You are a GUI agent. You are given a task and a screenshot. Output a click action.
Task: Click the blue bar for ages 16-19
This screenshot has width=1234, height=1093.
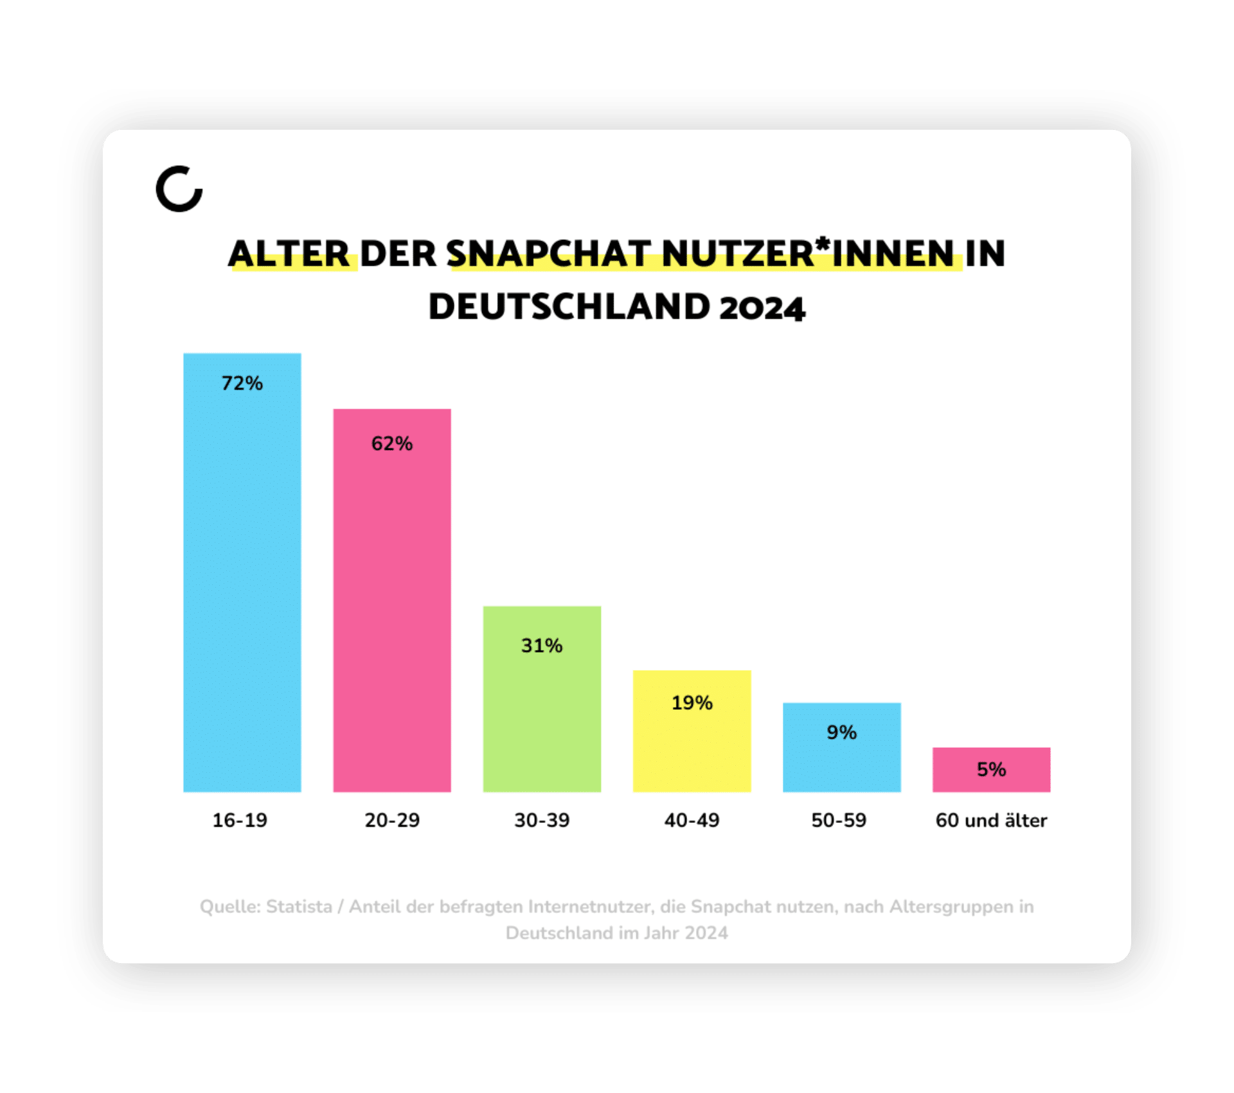(x=242, y=579)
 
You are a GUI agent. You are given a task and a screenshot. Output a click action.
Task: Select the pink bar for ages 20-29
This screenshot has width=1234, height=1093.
(x=391, y=611)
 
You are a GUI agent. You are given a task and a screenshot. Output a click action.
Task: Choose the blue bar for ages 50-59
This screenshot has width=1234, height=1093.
(x=841, y=762)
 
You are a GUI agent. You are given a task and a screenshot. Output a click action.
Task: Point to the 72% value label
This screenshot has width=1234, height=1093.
(x=242, y=383)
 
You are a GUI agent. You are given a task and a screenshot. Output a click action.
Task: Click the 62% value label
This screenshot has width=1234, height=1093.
(x=391, y=444)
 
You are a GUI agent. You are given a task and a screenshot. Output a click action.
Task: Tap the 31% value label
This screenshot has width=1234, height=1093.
(x=542, y=646)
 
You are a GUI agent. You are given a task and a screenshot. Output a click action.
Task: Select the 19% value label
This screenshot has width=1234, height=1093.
(x=692, y=703)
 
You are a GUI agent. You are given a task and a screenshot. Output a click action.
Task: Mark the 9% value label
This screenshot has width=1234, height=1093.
(x=841, y=732)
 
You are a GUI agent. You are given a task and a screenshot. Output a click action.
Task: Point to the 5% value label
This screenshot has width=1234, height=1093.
(x=991, y=770)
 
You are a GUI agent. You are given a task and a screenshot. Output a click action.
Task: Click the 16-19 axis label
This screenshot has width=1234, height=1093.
(x=240, y=820)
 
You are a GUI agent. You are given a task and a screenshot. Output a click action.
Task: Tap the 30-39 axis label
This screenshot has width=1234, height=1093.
(x=542, y=820)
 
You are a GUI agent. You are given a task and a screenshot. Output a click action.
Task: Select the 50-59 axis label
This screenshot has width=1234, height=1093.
(x=839, y=820)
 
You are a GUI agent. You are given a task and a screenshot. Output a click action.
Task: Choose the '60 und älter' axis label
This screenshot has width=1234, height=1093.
(x=991, y=820)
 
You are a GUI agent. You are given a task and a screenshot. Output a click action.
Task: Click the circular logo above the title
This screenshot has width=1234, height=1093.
(x=179, y=188)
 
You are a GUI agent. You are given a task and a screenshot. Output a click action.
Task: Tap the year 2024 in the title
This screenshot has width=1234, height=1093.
(x=762, y=307)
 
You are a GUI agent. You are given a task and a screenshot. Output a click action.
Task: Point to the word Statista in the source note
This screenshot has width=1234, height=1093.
(x=299, y=907)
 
